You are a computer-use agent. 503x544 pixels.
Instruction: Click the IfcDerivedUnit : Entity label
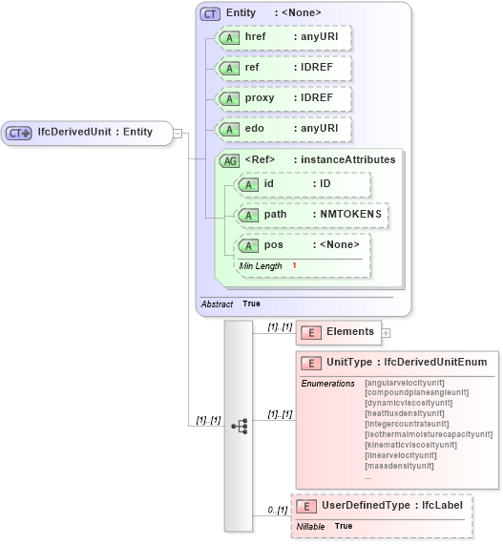[94, 133]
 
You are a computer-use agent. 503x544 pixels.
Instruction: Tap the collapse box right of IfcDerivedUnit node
[178, 133]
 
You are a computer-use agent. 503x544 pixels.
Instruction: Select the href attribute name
[255, 37]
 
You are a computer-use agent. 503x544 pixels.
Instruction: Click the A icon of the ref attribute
[229, 69]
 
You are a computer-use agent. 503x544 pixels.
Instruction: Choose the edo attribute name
[255, 129]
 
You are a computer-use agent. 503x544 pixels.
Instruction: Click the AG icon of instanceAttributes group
[229, 160]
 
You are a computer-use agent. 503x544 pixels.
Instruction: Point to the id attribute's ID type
[325, 184]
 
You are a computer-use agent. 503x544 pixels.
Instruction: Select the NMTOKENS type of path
[350, 215]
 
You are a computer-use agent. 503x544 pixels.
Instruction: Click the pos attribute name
[273, 245]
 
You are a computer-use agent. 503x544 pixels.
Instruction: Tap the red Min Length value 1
[294, 265]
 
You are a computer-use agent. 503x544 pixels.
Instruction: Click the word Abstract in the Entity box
[217, 303]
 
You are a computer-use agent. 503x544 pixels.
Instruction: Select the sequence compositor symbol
[239, 426]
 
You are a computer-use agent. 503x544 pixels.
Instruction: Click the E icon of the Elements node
[310, 332]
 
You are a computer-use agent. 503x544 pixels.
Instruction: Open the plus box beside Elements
[386, 333]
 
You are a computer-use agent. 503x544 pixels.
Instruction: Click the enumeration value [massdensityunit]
[399, 466]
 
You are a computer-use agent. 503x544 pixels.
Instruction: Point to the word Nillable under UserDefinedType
[310, 526]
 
